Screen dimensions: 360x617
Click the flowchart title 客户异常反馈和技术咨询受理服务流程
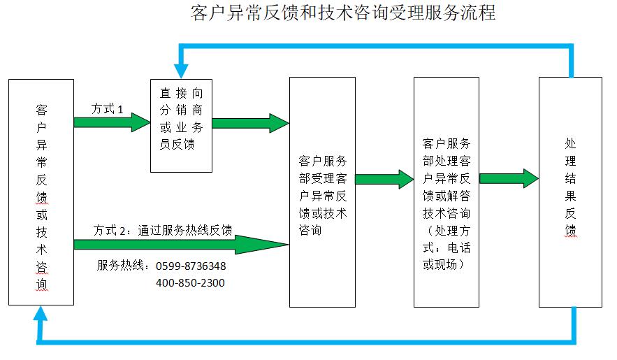tap(342, 13)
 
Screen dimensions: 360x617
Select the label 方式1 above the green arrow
tap(108, 110)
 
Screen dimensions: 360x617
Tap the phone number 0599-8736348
tap(190, 266)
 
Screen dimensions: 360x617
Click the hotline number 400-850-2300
tap(190, 283)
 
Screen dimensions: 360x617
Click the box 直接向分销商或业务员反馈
tap(182, 125)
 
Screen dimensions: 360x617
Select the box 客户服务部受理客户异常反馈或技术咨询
tap(322, 192)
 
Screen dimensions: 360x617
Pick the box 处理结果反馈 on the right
tap(570, 192)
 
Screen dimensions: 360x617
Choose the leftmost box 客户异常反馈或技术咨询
tap(41, 192)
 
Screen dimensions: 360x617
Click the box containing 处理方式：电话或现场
tap(447, 192)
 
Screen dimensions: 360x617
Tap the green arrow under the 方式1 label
tap(112, 123)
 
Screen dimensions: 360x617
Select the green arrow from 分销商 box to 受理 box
tap(250, 123)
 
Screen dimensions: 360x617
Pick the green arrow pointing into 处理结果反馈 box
tap(509, 178)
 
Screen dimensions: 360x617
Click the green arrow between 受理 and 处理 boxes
tap(384, 178)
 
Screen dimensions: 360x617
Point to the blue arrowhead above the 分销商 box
tap(182, 69)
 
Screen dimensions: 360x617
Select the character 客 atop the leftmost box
tap(41, 110)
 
